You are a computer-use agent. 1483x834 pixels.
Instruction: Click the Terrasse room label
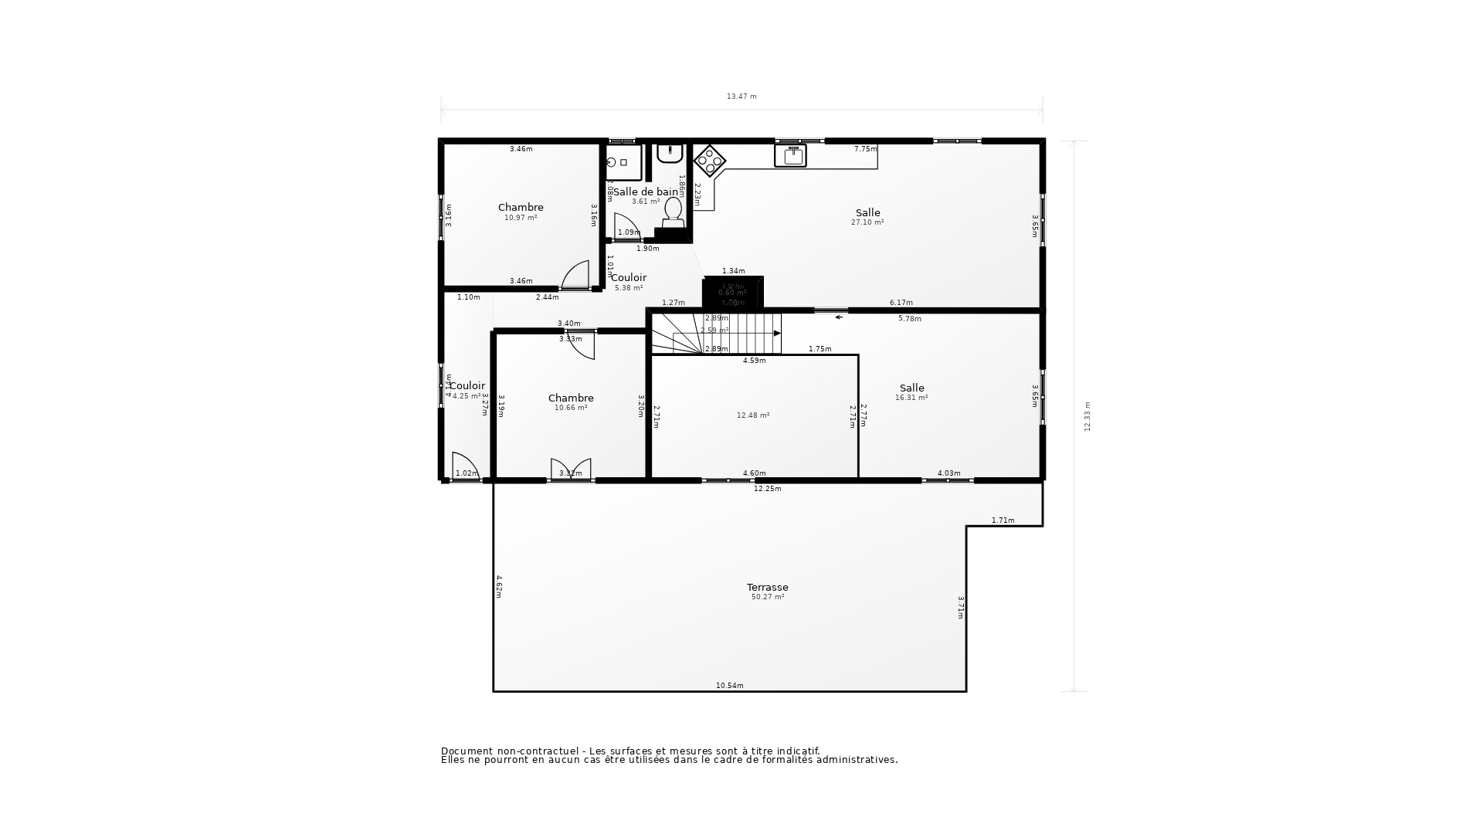pos(767,587)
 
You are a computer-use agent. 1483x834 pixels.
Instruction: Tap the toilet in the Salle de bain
pos(673,211)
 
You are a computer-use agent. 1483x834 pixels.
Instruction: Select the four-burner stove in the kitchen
pos(709,161)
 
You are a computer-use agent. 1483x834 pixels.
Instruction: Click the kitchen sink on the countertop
pos(790,155)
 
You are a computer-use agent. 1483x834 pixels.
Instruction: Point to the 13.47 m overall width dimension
pos(741,97)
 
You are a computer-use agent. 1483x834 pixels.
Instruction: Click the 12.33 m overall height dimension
pos(1088,416)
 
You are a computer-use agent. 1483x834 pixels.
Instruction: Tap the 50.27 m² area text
pos(767,597)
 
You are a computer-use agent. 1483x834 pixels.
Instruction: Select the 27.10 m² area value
pos(867,222)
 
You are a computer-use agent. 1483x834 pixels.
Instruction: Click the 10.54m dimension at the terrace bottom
pos(729,686)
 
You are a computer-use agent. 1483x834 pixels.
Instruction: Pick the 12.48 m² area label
pos(752,415)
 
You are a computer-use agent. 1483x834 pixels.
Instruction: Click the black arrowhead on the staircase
pos(777,333)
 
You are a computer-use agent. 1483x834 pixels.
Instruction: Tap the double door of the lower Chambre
pos(571,469)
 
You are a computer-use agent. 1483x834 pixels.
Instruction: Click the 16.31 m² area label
pos(911,398)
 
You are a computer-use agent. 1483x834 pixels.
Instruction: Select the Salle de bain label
pos(646,192)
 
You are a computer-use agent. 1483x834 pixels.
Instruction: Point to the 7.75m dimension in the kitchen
pos(865,149)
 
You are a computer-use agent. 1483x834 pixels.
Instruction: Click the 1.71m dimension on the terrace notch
pos(1003,520)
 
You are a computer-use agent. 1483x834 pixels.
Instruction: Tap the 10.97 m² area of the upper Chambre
pos(521,218)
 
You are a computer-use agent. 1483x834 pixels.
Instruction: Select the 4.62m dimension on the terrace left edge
pos(499,585)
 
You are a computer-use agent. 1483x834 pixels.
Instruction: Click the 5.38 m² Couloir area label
pos(629,288)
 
